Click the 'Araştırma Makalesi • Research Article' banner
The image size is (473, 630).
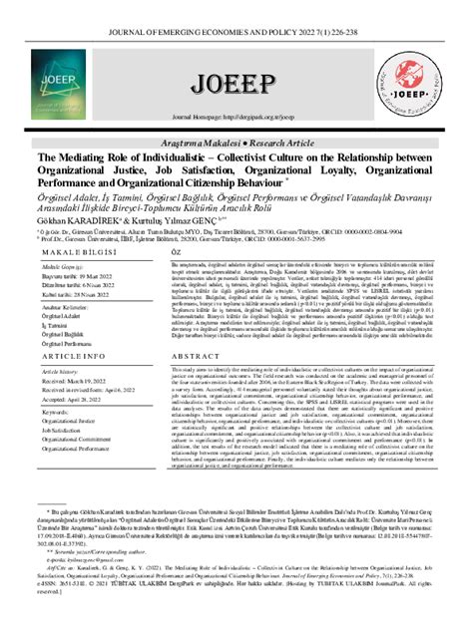236,144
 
